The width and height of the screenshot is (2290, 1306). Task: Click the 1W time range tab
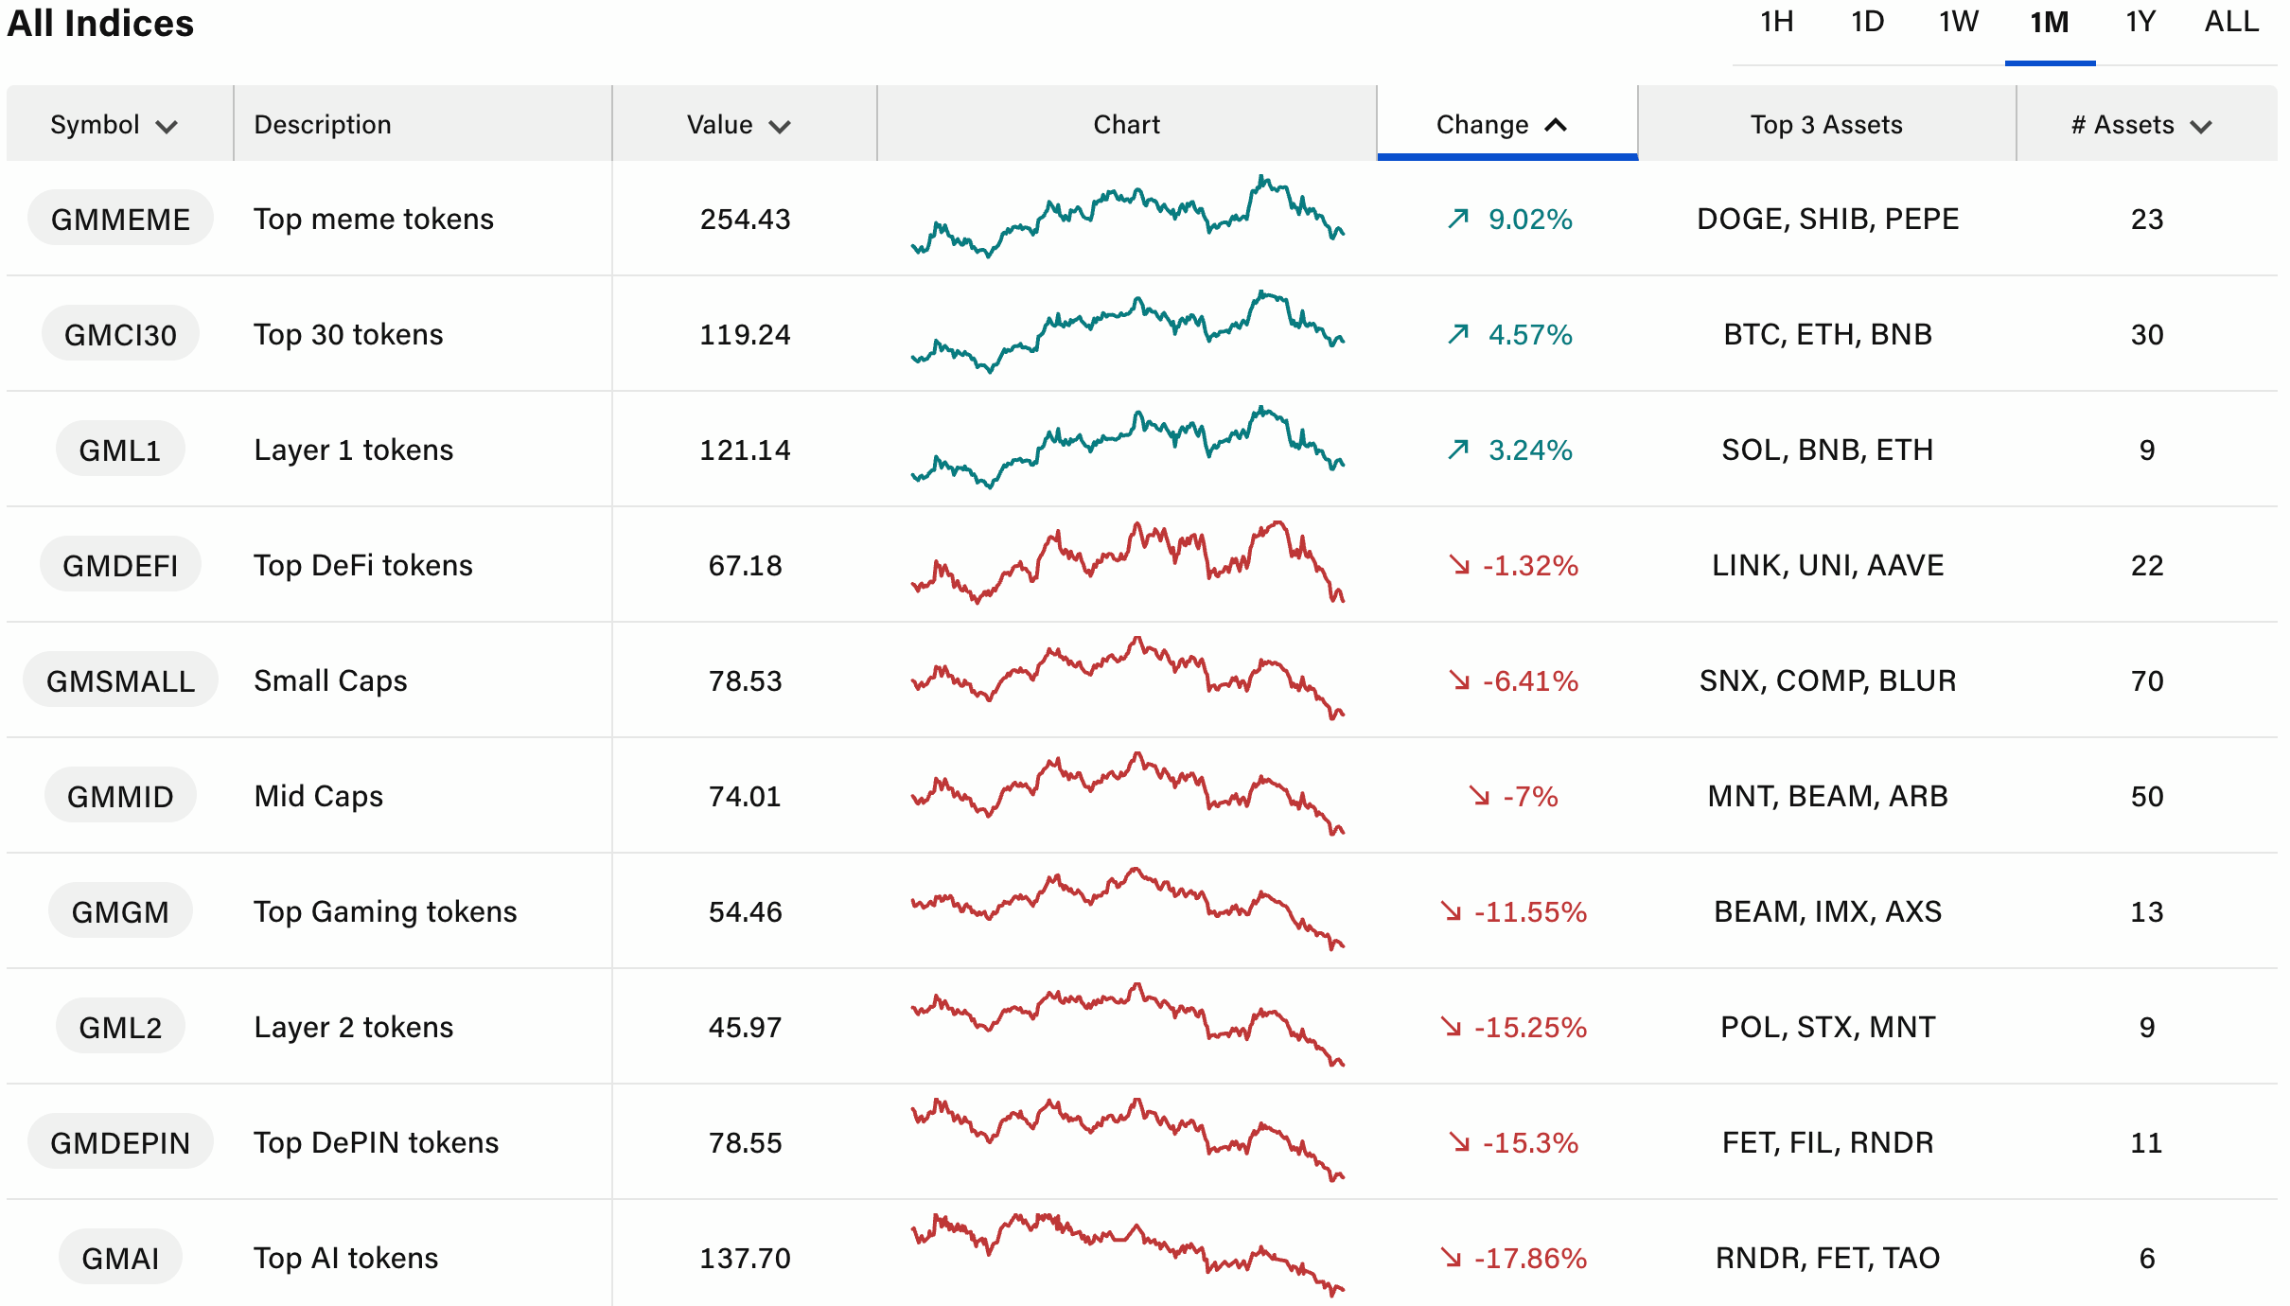1958,22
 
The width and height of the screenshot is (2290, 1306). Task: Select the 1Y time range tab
2140,22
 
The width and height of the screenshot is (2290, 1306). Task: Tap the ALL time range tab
2231,22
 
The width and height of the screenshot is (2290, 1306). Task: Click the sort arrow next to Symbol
167,127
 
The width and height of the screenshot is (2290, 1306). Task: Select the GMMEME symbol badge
120,219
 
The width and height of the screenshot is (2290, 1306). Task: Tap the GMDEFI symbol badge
120,565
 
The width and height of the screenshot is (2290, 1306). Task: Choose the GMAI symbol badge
120,1258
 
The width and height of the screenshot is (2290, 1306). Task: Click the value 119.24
745,334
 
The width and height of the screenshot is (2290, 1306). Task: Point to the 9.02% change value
1529,219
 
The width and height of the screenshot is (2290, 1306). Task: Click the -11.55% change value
1529,911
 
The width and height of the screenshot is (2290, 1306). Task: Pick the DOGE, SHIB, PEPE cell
1827,219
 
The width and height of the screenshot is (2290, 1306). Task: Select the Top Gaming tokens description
385,911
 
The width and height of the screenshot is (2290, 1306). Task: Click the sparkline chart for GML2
1127,1027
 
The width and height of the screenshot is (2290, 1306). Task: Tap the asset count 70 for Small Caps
2146,680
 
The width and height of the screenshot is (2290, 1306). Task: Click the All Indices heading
100,23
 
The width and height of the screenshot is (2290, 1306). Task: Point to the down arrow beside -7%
1479,796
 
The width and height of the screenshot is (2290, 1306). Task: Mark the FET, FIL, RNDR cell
1827,1142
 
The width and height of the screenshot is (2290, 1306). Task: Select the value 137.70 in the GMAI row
745,1258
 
